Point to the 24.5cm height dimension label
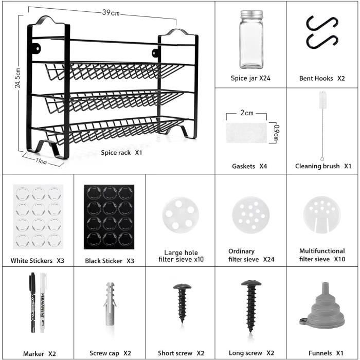(x=18, y=78)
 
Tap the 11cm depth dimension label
(x=42, y=161)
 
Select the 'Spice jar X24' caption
(x=250, y=78)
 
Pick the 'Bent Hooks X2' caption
(x=322, y=78)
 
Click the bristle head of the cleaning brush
(x=322, y=99)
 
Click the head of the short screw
(x=182, y=286)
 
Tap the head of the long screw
(x=251, y=284)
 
